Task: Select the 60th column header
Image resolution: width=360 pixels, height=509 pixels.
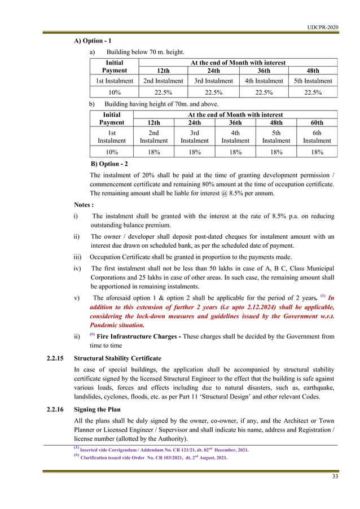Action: pyautogui.click(x=317, y=122)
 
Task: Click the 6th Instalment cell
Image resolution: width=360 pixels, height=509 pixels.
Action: pyautogui.click(x=317, y=137)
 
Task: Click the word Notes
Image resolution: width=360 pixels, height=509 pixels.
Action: pyautogui.click(x=86, y=205)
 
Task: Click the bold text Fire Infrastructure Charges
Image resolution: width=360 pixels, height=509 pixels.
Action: pyautogui.click(x=141, y=337)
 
